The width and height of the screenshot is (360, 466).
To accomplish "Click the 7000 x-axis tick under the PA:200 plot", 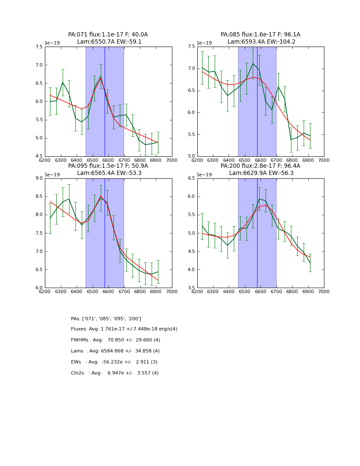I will click(324, 291).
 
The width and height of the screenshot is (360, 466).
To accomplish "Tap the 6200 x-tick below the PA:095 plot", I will click(45, 291).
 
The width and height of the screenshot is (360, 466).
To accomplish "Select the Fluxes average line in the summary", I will click(124, 329).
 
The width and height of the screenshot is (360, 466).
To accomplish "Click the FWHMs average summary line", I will click(116, 340).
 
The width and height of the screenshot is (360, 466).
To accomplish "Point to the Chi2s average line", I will click(115, 373).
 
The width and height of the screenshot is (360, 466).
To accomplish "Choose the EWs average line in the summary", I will click(114, 362).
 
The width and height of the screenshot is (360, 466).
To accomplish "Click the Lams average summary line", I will click(115, 351).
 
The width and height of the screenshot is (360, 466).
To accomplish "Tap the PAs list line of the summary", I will click(106, 319).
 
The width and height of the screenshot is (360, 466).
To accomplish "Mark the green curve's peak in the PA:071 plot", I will click(101, 76).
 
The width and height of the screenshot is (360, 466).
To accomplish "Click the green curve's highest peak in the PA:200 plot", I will click(259, 199).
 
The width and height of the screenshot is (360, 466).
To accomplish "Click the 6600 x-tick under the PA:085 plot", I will click(260, 160).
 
